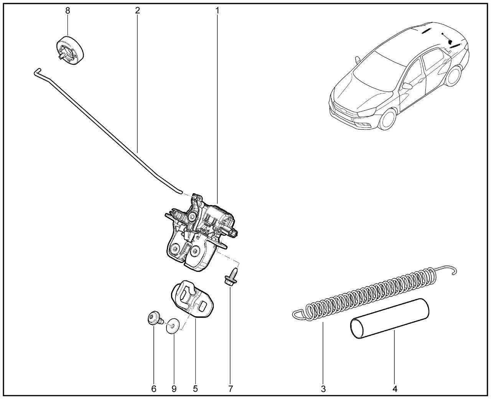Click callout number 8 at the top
[68, 11]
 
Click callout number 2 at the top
[137, 10]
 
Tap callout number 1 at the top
[217, 10]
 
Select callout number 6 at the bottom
[154, 389]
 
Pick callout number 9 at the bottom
[174, 389]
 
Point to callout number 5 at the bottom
[195, 389]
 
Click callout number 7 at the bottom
[231, 389]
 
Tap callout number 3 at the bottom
[323, 389]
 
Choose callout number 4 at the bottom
[395, 389]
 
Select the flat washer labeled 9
[173, 326]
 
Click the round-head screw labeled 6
[154, 319]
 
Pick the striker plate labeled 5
[192, 299]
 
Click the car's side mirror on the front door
[407, 86]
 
